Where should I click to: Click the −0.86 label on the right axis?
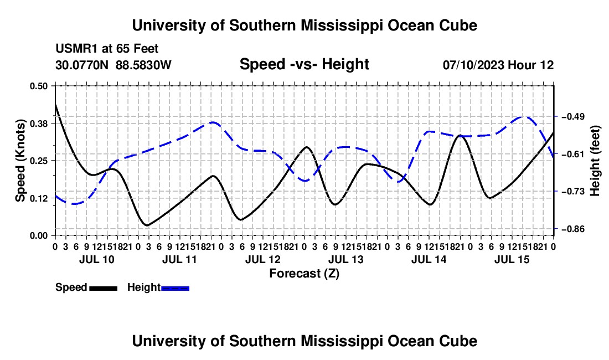[x=573, y=229]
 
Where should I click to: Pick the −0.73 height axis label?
[x=573, y=192]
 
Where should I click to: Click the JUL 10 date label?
[x=97, y=259]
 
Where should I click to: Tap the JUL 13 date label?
[x=345, y=259]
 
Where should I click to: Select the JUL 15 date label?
[x=512, y=259]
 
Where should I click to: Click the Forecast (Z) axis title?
[x=304, y=274]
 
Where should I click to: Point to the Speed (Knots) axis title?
[x=20, y=161]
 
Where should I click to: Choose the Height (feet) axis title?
[x=595, y=161]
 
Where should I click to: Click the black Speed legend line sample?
[x=104, y=288]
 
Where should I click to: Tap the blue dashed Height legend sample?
[x=175, y=288]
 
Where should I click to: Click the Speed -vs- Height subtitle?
[x=304, y=64]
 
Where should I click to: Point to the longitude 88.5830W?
[x=143, y=65]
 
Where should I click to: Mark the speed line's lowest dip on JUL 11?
[x=147, y=225]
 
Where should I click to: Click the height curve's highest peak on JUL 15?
[x=524, y=116]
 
